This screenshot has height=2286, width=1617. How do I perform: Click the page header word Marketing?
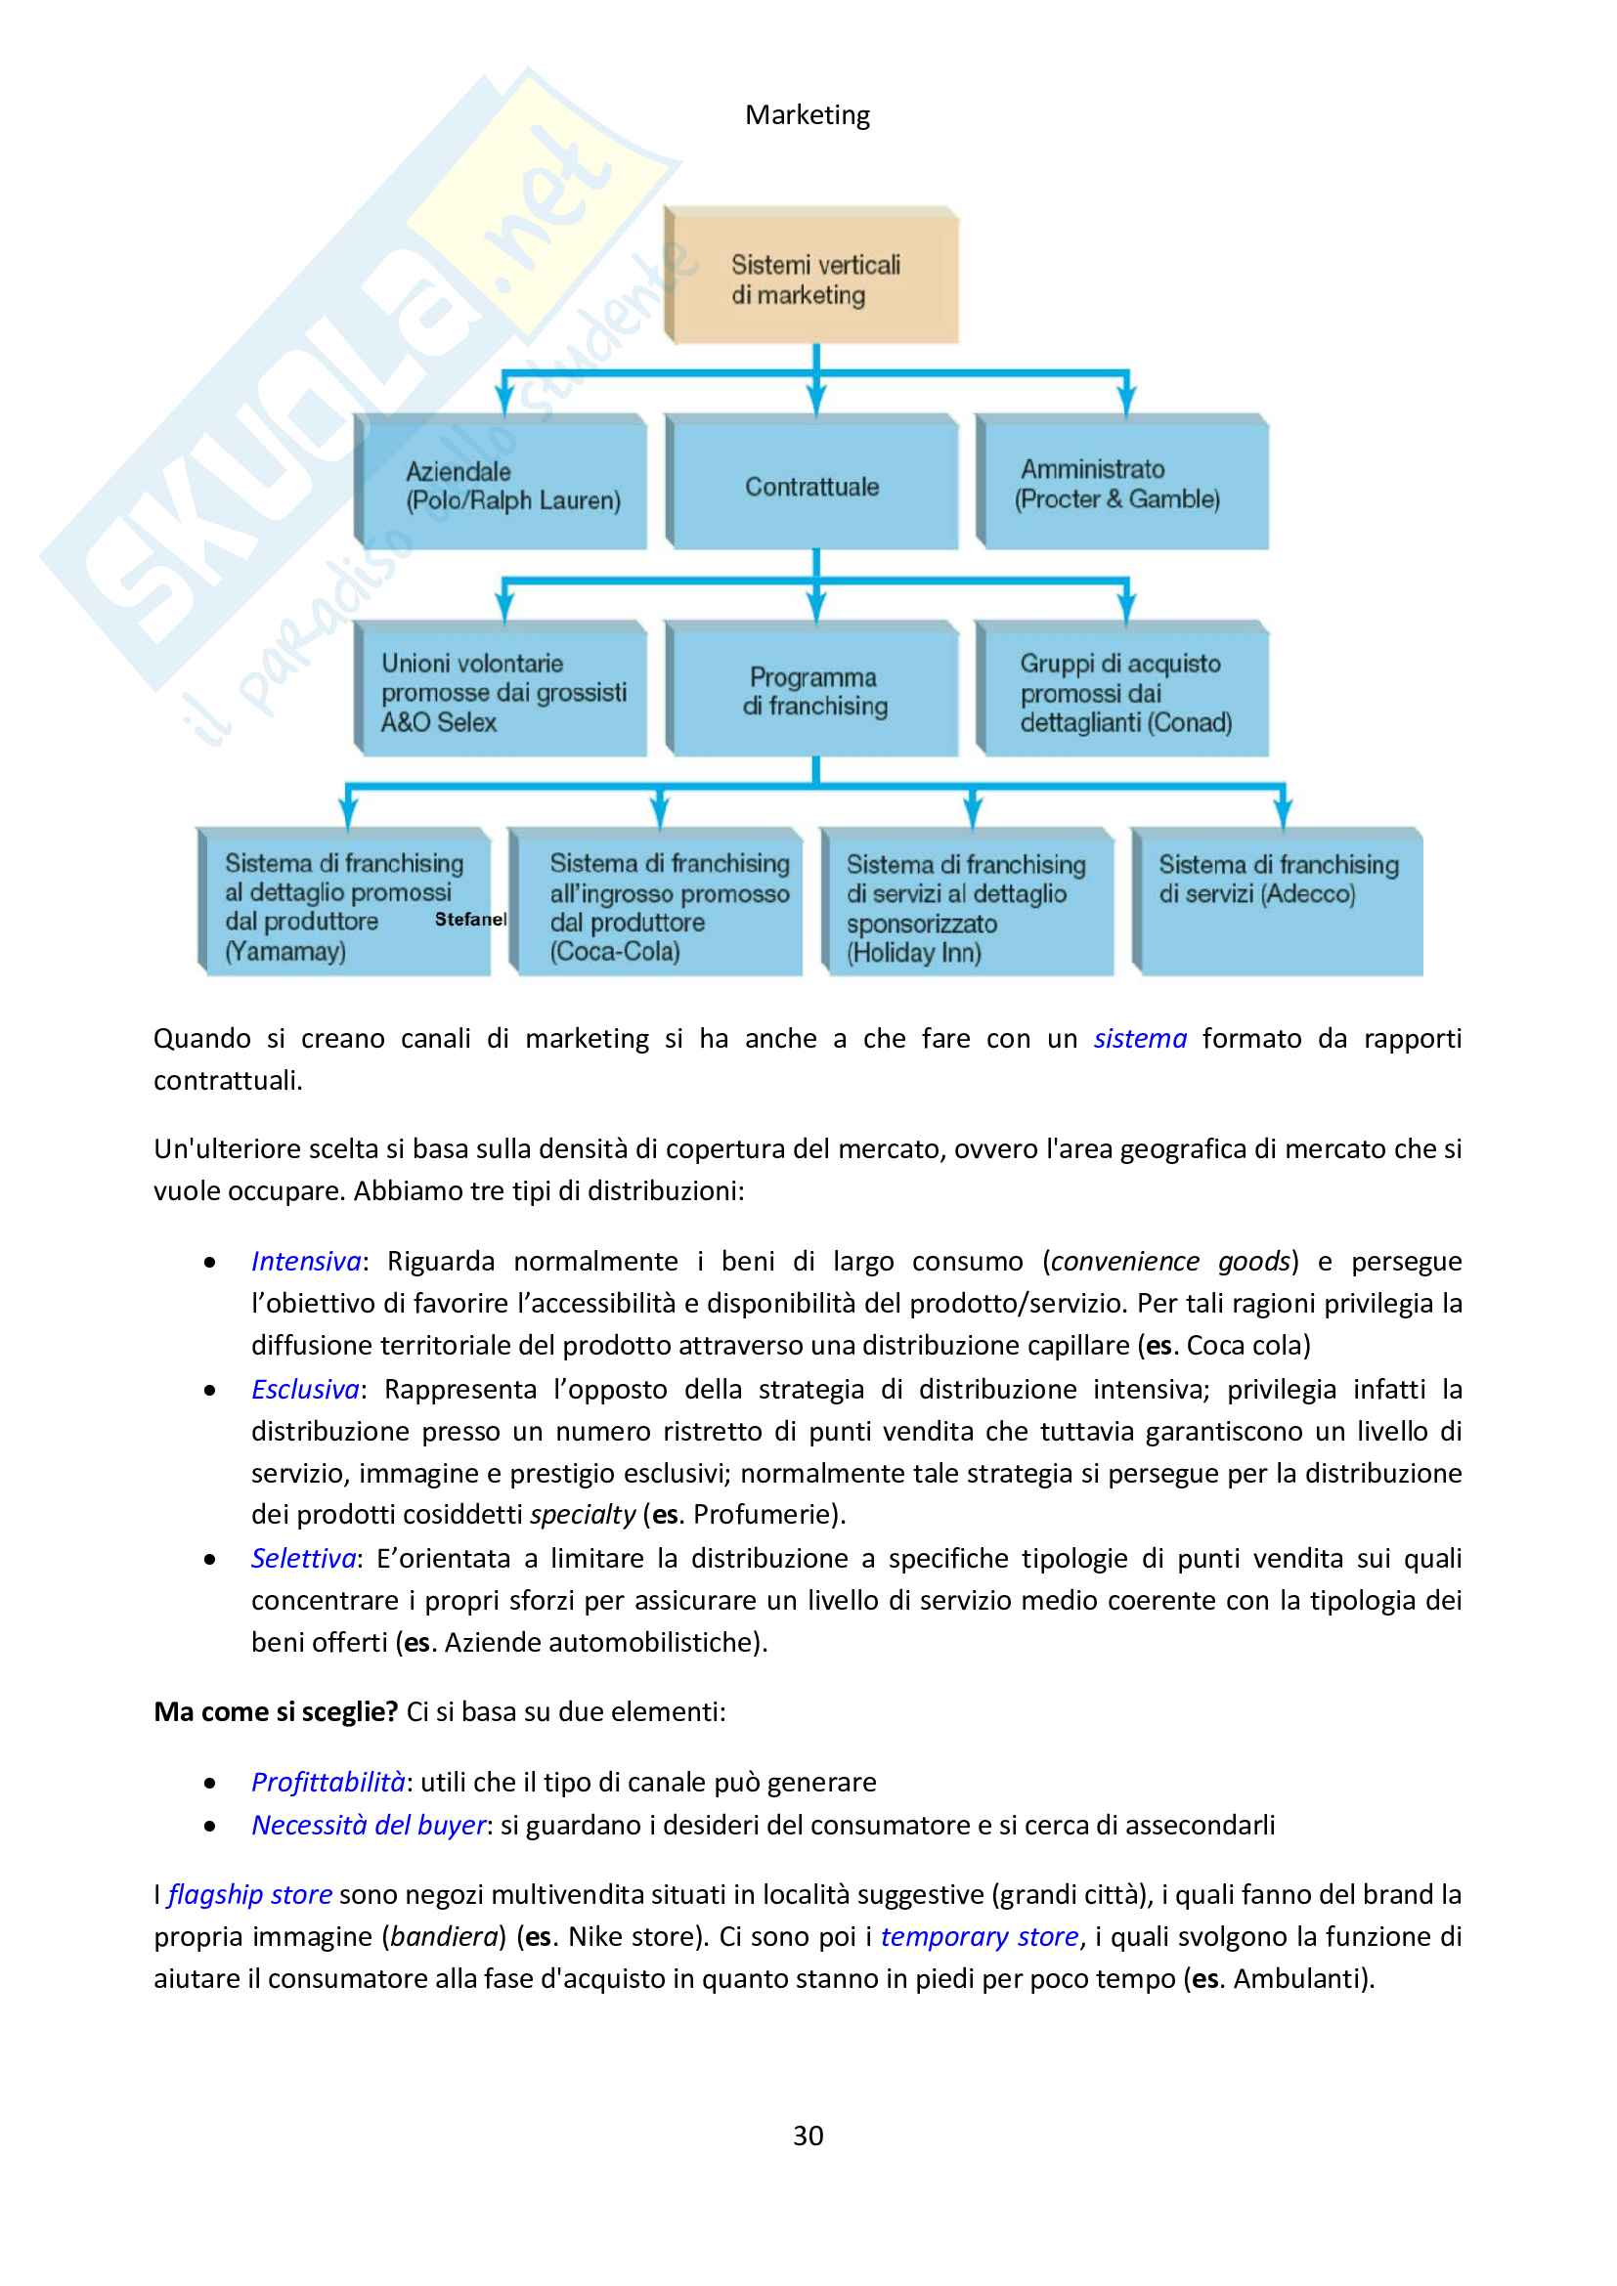point(808,115)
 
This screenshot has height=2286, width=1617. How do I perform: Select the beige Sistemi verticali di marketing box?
point(812,277)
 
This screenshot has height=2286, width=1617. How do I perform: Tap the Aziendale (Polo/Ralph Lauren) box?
point(503,483)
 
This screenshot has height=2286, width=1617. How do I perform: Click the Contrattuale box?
point(812,485)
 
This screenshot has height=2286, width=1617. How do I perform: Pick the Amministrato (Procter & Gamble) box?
point(1121,483)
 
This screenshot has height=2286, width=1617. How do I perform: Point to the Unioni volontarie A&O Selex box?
point(503,691)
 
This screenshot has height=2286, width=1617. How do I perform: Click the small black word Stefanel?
point(470,919)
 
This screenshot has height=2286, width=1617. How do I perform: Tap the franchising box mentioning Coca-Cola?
point(659,904)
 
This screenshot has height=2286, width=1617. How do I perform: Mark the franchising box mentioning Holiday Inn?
point(968,904)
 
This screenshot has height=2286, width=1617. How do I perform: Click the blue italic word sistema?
point(1140,1039)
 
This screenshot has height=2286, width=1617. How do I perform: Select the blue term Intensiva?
point(306,1262)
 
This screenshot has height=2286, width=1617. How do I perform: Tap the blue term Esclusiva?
point(305,1389)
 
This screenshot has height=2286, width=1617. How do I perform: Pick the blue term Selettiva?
point(304,1558)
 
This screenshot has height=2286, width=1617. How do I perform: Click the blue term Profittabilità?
point(328,1783)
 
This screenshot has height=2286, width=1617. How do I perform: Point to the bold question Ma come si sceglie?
point(276,1711)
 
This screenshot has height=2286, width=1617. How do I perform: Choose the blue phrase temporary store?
point(980,1936)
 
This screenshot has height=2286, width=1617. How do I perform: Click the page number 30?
point(808,2135)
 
